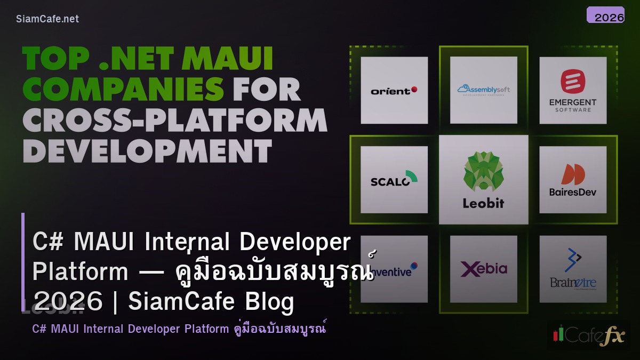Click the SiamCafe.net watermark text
click(x=47, y=19)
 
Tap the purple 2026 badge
click(x=605, y=15)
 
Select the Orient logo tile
click(x=394, y=90)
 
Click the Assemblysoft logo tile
click(x=483, y=90)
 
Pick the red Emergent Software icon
click(x=573, y=82)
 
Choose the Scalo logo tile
click(x=394, y=180)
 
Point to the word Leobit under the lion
click(x=483, y=203)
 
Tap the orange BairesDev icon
click(x=573, y=174)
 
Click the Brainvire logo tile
click(x=573, y=269)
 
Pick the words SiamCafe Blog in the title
click(x=211, y=301)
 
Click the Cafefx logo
click(x=588, y=334)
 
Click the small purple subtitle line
click(x=179, y=329)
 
